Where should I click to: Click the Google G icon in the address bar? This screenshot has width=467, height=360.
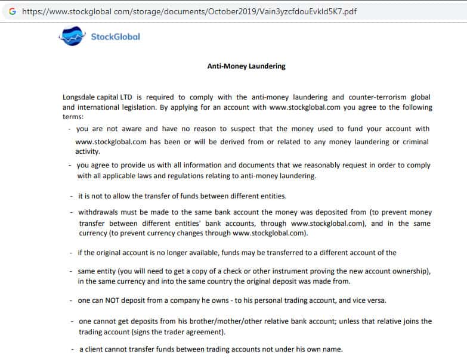pyautogui.click(x=12, y=11)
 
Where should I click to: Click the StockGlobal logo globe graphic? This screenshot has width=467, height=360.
pyautogui.click(x=72, y=37)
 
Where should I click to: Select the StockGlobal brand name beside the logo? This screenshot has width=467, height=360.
pyautogui.click(x=115, y=37)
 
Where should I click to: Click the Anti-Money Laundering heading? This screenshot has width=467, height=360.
pyautogui.click(x=246, y=66)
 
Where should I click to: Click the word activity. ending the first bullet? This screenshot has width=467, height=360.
pyautogui.click(x=88, y=151)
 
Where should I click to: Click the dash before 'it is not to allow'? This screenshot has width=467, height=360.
pyautogui.click(x=72, y=195)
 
